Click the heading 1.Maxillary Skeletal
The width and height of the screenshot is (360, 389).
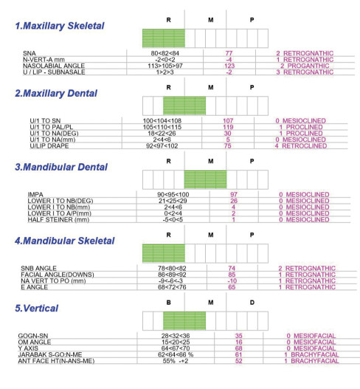coord(60,26)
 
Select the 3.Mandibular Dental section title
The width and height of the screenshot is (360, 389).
coord(61,167)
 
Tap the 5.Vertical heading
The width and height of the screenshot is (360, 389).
coord(37,308)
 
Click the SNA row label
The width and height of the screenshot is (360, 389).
coord(30,53)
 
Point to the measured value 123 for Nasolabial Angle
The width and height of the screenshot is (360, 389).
coord(229,66)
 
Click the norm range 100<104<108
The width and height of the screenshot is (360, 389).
coord(162,121)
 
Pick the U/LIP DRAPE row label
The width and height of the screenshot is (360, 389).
coord(49,146)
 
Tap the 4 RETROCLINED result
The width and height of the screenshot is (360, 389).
coord(301,146)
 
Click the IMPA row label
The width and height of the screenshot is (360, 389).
coord(35,195)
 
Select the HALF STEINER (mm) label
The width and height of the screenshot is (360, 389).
coord(58,219)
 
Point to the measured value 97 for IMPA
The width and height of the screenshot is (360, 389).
coord(234,195)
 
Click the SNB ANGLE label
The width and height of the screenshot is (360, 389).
coord(38,269)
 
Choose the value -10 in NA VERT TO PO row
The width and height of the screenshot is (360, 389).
coord(232,280)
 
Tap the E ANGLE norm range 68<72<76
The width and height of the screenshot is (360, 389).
coord(172,287)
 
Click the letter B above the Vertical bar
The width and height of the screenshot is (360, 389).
coord(169,303)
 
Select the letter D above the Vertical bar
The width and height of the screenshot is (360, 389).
coord(252,303)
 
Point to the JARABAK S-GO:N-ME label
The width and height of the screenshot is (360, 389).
coord(50,355)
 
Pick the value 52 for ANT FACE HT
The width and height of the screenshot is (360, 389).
coord(238,361)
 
